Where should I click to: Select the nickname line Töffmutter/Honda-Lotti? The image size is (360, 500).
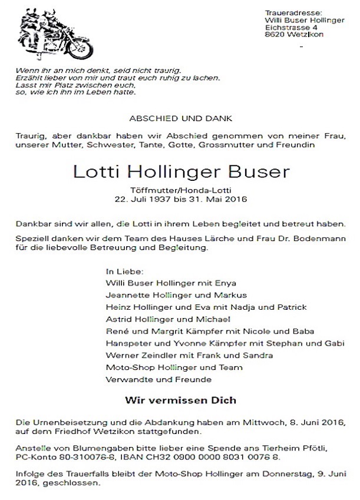click(180, 190)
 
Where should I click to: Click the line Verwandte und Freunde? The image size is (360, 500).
click(149, 380)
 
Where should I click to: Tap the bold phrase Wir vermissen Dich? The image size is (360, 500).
click(180, 400)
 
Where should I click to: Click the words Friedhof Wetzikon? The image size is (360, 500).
click(84, 432)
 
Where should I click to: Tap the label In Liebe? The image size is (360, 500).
click(124, 271)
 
